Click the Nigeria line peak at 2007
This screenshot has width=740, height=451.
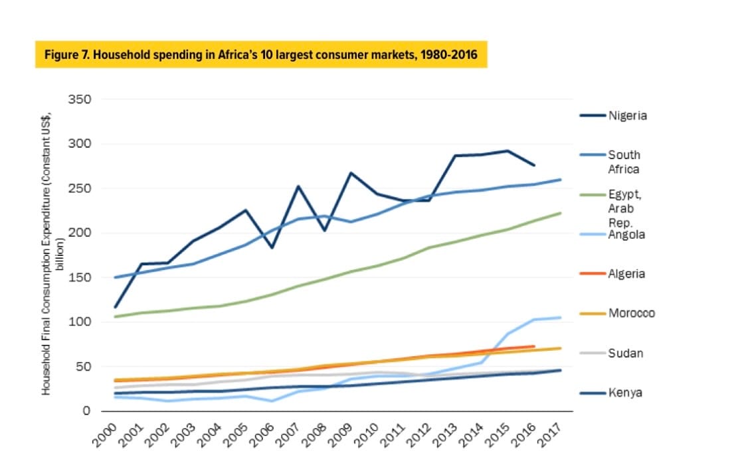[299, 186]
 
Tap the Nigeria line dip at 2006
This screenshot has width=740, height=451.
[273, 247]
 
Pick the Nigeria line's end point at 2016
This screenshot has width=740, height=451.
[534, 164]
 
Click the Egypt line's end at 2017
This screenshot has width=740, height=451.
[561, 213]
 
